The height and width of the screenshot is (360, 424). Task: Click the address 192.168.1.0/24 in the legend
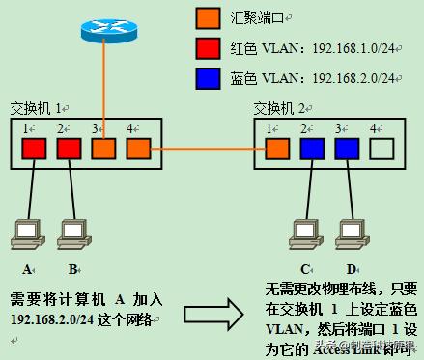(357, 48)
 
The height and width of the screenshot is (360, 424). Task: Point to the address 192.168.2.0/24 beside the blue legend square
(357, 78)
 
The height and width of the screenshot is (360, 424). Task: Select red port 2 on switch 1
(68, 149)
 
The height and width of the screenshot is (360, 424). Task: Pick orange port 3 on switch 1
(103, 149)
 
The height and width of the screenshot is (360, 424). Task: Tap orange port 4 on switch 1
(137, 149)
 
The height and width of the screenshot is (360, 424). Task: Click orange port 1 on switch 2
(277, 149)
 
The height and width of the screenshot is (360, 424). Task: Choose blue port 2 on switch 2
(311, 149)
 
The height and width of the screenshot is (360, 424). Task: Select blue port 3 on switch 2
(346, 149)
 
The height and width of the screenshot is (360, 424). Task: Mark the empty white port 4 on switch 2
(382, 149)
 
